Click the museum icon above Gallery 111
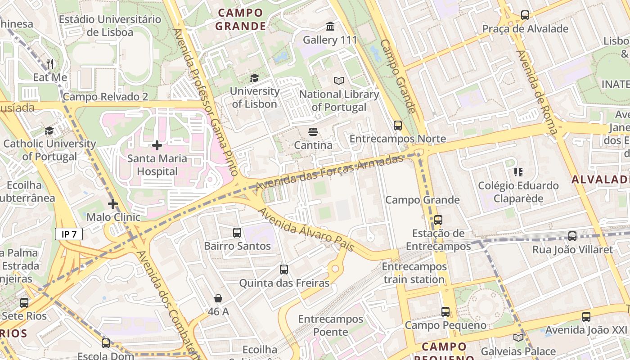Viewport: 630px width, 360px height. coord(330,27)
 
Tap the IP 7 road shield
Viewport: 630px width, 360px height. coord(69,234)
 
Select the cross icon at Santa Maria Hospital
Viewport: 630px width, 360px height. coord(157,145)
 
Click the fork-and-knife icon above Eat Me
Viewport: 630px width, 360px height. coord(50,64)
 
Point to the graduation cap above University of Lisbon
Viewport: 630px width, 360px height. coord(254,78)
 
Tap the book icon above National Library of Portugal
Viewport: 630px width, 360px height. coord(338,81)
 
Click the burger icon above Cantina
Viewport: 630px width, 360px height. coord(313,132)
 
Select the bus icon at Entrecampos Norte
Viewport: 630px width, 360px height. coord(397,126)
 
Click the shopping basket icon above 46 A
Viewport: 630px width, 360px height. coord(218,298)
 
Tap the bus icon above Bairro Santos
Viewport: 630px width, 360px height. coord(237,233)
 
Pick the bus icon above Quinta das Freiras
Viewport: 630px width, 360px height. coord(283,270)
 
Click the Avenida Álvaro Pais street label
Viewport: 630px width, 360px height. coord(306,229)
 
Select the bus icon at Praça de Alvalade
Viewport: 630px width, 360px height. coord(525,15)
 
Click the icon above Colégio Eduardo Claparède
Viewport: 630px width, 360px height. coord(518,172)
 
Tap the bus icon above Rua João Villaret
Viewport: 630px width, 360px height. coord(572,236)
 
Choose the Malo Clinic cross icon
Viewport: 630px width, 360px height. coord(112,204)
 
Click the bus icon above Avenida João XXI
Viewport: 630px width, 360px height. coord(586,316)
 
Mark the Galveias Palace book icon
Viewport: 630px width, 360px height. coord(518,337)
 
